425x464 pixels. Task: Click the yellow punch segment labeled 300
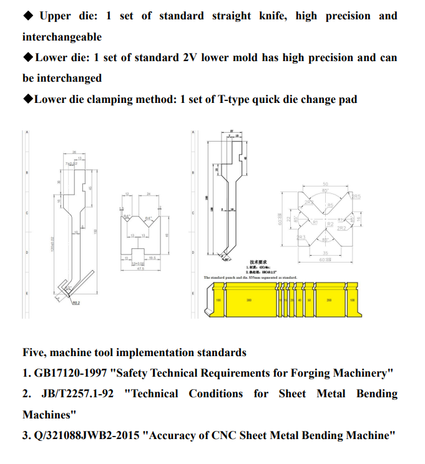[x=248, y=301]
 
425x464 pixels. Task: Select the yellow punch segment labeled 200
[x=329, y=301]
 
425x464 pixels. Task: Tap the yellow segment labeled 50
[x=309, y=301]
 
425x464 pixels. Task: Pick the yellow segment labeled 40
[x=300, y=301]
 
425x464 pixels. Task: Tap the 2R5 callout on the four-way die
[x=356, y=197]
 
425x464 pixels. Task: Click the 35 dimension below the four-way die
[x=325, y=253]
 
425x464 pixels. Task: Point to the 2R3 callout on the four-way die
[x=301, y=238]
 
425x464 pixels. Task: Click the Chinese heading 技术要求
[x=258, y=262]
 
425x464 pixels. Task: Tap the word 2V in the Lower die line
[x=190, y=57]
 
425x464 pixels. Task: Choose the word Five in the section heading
[x=34, y=353]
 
